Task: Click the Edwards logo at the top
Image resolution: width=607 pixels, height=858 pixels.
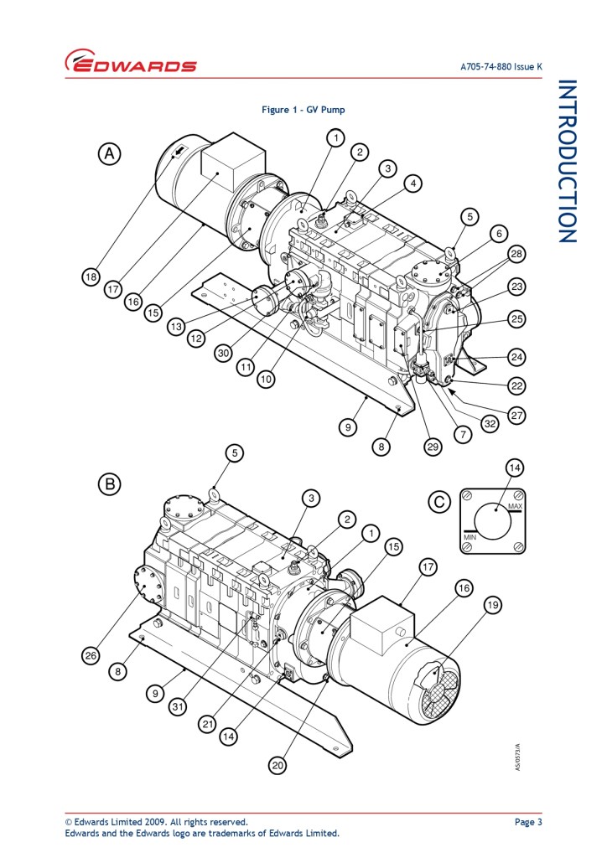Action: click(x=131, y=61)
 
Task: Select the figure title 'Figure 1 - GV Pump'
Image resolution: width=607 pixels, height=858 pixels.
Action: click(x=303, y=110)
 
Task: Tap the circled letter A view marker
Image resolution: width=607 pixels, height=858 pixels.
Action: click(x=109, y=154)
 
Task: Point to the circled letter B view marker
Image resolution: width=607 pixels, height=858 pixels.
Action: click(x=109, y=484)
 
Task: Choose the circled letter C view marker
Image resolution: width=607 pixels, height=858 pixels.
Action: click(x=439, y=502)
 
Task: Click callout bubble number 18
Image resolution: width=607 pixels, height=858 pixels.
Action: click(x=91, y=277)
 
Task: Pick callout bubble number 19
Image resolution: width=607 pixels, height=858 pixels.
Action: click(x=493, y=605)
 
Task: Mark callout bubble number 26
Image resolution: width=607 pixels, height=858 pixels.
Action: click(x=91, y=655)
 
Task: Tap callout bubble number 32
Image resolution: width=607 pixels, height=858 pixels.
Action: click(x=490, y=424)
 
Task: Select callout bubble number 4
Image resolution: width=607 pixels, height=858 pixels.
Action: click(x=413, y=183)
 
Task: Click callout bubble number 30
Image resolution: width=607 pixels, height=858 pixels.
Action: click(x=223, y=354)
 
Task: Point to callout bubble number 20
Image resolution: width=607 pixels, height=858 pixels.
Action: click(x=278, y=765)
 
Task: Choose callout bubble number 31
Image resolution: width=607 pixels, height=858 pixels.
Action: click(x=178, y=707)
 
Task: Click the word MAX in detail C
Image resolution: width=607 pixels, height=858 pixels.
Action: click(x=515, y=506)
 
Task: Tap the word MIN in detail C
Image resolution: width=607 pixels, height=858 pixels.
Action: click(x=470, y=537)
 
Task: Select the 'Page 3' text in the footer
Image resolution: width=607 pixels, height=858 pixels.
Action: click(x=528, y=822)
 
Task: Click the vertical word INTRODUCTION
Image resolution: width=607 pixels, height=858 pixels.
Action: click(x=567, y=162)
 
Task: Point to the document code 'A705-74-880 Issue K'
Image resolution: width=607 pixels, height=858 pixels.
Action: click(x=501, y=67)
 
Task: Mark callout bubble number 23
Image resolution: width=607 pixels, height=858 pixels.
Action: click(x=516, y=287)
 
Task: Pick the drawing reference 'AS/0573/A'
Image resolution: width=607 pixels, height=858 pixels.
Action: click(x=518, y=757)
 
